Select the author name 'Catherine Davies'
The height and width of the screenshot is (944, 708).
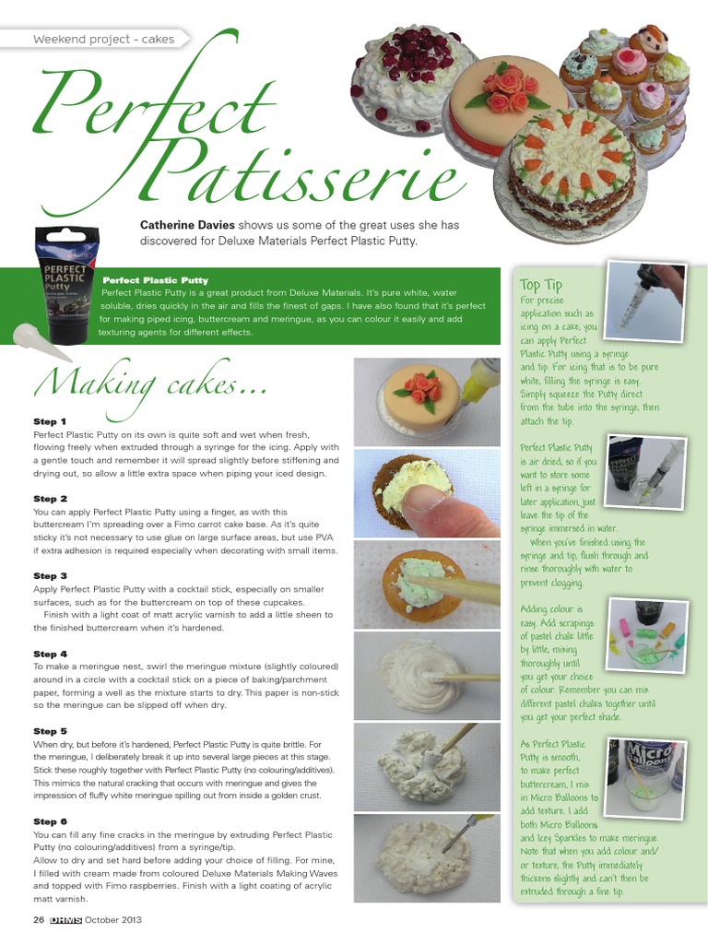point(187,225)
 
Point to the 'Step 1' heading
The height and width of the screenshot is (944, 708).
point(50,421)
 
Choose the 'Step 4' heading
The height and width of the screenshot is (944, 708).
point(50,654)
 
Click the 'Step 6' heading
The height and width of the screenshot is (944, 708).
point(50,820)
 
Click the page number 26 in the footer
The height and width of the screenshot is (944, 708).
point(39,920)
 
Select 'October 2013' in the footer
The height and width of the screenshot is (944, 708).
point(112,920)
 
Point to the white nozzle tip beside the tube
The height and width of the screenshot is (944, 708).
point(37,341)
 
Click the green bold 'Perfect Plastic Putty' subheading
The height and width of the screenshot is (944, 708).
point(155,280)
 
